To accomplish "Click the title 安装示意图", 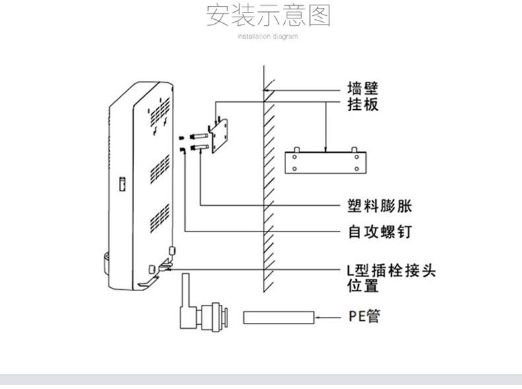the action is click(x=268, y=15).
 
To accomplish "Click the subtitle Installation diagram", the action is click(x=268, y=36).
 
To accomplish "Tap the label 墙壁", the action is click(x=363, y=89).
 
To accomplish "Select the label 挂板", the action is click(x=363, y=105).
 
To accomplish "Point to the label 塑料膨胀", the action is click(x=380, y=206).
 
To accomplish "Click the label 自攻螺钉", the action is click(x=380, y=232).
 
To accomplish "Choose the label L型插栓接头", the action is click(x=391, y=271).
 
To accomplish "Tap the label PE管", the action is click(x=364, y=316).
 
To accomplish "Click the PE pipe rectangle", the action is click(x=279, y=318).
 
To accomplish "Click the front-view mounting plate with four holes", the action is click(x=326, y=162).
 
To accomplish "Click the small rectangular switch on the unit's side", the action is click(x=122, y=184).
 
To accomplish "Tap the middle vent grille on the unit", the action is click(x=160, y=169).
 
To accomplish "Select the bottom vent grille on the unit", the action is click(x=160, y=218).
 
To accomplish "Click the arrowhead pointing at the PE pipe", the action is click(x=318, y=318).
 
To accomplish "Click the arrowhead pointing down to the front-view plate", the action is click(x=326, y=150).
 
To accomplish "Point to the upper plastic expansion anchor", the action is click(x=199, y=136).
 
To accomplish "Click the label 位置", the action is click(x=363, y=286).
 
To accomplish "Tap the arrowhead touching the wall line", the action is click(x=266, y=90).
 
